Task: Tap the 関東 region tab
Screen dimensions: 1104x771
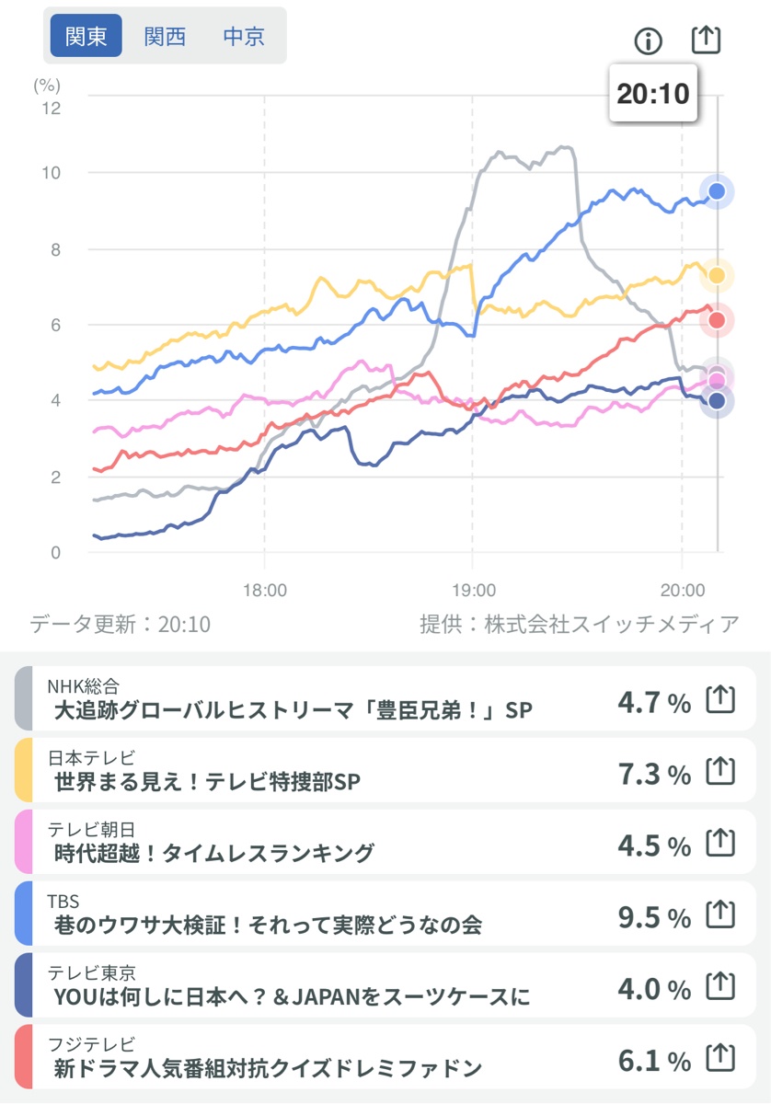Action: point(86,37)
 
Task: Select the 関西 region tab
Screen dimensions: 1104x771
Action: point(165,37)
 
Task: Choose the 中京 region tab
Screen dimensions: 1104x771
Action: point(244,37)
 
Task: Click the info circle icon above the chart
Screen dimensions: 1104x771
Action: point(649,40)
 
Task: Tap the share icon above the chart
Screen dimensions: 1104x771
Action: point(706,40)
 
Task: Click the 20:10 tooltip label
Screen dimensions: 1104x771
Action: point(652,94)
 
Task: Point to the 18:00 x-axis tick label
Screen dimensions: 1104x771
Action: point(265,590)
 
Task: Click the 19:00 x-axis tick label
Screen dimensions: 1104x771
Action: point(473,590)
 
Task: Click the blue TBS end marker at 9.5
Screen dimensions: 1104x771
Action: point(717,191)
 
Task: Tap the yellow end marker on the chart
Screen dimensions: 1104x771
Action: point(717,275)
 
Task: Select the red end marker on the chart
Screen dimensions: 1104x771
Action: point(716,320)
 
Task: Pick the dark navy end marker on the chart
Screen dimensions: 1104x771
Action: point(717,400)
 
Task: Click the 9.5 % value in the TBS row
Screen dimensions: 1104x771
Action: point(653,918)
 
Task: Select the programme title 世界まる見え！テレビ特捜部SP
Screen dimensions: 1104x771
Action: point(207,782)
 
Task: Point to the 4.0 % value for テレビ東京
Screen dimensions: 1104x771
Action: point(653,990)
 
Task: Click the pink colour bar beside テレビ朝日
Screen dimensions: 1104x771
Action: point(24,842)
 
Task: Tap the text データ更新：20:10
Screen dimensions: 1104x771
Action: point(120,625)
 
